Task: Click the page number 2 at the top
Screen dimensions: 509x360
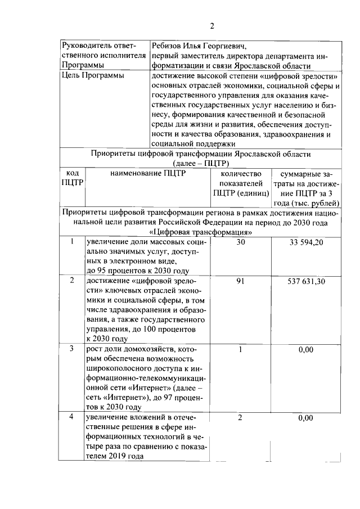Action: pyautogui.click(x=212, y=25)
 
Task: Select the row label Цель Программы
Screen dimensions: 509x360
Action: pyautogui.click(x=93, y=76)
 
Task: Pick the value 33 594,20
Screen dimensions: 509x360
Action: pyautogui.click(x=306, y=242)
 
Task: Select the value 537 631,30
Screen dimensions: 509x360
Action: pyautogui.click(x=306, y=282)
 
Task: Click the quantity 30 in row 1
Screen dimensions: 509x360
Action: pyautogui.click(x=241, y=242)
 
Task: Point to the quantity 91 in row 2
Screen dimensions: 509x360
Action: pyautogui.click(x=241, y=282)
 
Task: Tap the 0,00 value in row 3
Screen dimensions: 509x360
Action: pyautogui.click(x=306, y=349)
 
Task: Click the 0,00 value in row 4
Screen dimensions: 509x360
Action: pyautogui.click(x=306, y=418)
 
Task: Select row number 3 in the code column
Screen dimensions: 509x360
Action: pyautogui.click(x=72, y=349)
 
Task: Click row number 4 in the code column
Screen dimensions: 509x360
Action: pyautogui.click(x=72, y=418)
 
